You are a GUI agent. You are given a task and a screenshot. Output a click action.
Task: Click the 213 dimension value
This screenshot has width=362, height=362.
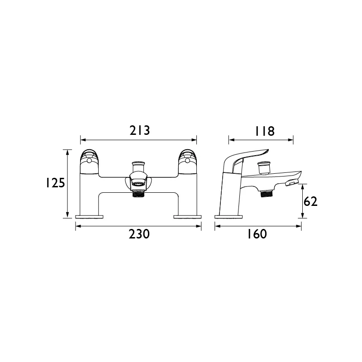coord(140,130)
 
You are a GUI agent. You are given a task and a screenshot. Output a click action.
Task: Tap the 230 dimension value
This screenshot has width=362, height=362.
coord(139,234)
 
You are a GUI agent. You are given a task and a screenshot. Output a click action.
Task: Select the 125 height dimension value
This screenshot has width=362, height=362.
coord(55,183)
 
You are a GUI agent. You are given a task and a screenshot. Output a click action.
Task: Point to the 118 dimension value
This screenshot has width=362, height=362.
coord(265,131)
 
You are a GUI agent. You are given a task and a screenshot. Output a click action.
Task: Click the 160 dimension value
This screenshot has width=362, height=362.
coord(257,234)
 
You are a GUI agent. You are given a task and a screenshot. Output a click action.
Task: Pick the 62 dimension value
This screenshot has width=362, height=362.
coord(310,201)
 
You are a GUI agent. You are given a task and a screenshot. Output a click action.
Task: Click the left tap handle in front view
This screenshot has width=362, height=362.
coord(90,162)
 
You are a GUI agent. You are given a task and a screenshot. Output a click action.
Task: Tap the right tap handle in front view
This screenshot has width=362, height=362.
coord(188,162)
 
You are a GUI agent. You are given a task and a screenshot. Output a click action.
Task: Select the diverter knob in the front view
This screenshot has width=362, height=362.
coord(138,166)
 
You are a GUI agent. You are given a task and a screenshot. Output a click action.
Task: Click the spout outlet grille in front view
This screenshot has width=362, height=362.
coord(138,184)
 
